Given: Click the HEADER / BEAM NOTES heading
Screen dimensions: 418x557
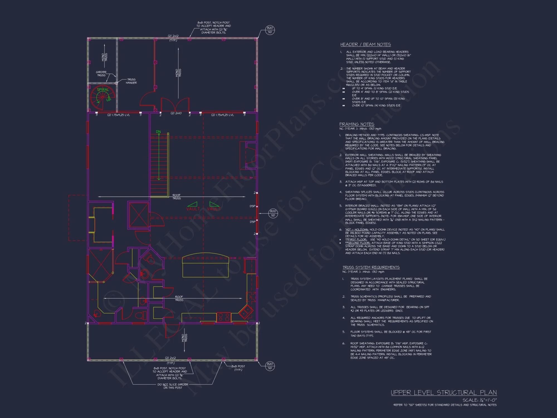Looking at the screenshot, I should pyautogui.click(x=365, y=45).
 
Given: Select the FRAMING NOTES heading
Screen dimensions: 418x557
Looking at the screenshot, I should pyautogui.click(x=356, y=124).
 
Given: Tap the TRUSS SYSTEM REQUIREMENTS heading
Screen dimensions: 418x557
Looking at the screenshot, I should pyautogui.click(x=371, y=267).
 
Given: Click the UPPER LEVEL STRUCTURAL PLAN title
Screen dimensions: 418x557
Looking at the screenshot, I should pyautogui.click(x=444, y=393).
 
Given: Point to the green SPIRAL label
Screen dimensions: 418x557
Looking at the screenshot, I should pyautogui.click(x=103, y=90).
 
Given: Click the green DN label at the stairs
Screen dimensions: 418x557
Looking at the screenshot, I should pyautogui.click(x=158, y=132).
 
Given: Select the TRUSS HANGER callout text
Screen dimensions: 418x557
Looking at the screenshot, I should pyautogui.click(x=131, y=81).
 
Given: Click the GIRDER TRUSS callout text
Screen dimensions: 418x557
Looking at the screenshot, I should pyautogui.click(x=101, y=74).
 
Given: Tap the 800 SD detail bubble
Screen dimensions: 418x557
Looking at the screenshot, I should pyautogui.click(x=273, y=213).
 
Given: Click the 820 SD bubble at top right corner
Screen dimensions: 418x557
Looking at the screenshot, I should pyautogui.click(x=270, y=30).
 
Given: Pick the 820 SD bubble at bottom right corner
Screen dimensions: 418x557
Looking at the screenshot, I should pyautogui.click(x=270, y=366).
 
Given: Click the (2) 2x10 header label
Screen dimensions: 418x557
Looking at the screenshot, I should pyautogui.click(x=176, y=113).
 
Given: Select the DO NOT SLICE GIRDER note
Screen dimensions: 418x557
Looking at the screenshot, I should pyautogui.click(x=173, y=386).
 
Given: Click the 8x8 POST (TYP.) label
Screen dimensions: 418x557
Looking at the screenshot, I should pyautogui.click(x=238, y=368).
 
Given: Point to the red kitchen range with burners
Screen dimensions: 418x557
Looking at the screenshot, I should pyautogui.click(x=224, y=317).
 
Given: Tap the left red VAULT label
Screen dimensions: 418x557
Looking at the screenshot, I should pyautogui.click(x=193, y=209).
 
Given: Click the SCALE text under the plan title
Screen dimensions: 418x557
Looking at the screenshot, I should pyautogui.click(x=480, y=400).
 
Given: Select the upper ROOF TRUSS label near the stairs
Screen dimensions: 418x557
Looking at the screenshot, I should pyautogui.click(x=177, y=197).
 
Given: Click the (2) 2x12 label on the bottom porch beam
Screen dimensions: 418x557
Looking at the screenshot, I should pyautogui.click(x=170, y=358).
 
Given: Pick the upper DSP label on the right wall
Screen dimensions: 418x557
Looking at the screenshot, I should pyautogui.click(x=252, y=206).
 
